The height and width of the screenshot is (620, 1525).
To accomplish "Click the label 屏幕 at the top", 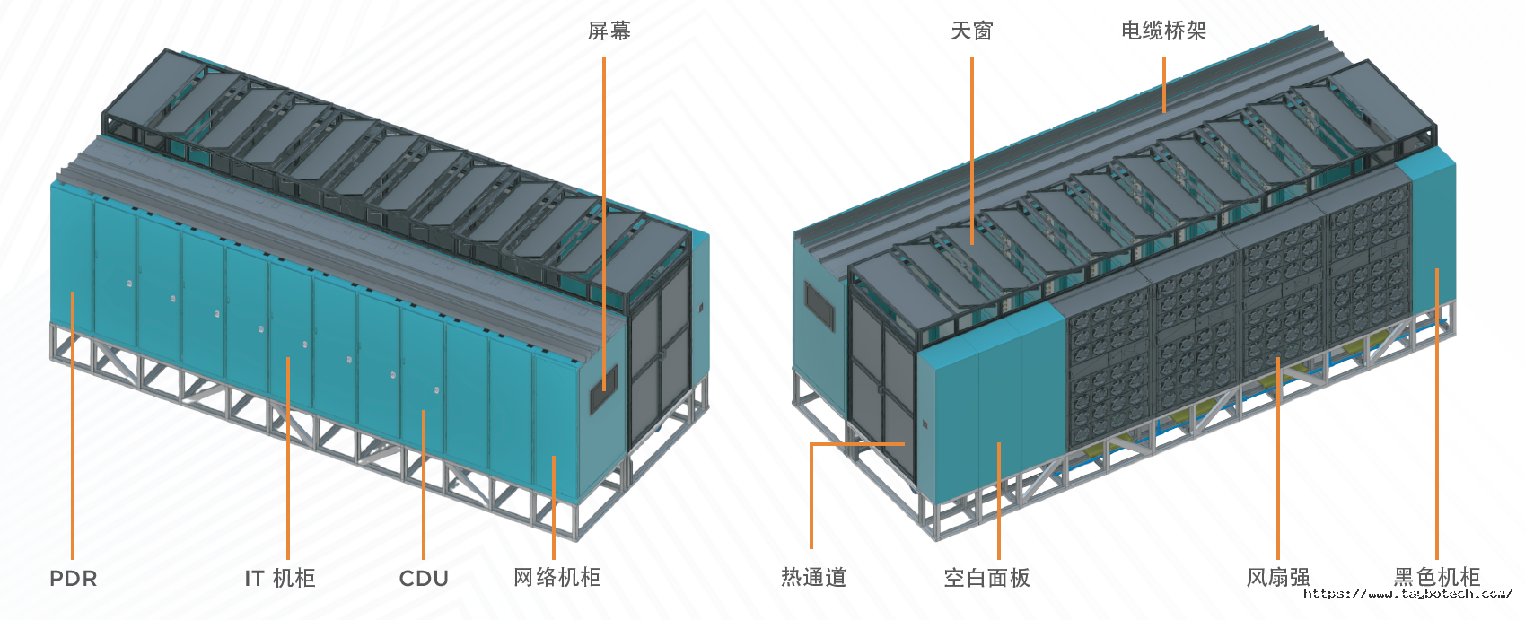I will pos(609,31).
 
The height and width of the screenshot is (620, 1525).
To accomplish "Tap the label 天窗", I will pos(971,31).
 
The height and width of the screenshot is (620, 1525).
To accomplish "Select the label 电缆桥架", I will pos(1163,31).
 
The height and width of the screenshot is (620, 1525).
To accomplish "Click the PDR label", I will pos(73,579).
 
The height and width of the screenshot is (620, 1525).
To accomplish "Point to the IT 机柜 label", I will pos(280,579).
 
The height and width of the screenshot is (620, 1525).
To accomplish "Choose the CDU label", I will pos(424,579).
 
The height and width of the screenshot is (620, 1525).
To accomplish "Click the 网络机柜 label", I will pos(557,578).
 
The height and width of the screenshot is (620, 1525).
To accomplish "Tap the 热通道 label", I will pos(813,578).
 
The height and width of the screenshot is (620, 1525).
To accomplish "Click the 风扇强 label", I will pos(1278,578).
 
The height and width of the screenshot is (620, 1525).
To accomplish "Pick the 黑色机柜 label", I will pos(1436,578).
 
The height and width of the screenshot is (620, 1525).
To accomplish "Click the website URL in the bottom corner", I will pos(1407,594).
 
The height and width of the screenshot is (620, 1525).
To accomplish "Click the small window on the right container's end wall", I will pos(818,306).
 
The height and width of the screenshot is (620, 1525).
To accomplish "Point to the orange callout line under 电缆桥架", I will pos(1164,84).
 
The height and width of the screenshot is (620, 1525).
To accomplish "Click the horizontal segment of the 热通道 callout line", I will pos(857,444).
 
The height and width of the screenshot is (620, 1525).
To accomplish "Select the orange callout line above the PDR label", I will pos(73,422).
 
